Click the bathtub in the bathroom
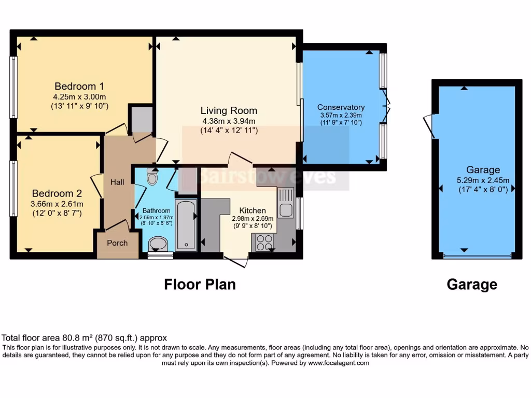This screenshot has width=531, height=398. point(185,225)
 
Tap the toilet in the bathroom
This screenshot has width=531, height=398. point(152,178)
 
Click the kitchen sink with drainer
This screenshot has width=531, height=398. point(286,203)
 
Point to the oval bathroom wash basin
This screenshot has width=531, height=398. point(158,244)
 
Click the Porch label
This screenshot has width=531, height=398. point(117,243)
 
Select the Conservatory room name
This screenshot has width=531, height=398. point(341,107)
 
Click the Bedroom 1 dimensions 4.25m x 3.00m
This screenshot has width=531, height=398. point(79,96)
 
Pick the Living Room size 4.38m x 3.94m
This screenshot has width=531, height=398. point(229,121)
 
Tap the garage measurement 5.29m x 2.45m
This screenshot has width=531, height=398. point(483,180)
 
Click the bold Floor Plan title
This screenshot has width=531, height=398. point(200,284)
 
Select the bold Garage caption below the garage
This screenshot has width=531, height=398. point(472,284)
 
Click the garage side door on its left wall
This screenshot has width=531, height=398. point(429,126)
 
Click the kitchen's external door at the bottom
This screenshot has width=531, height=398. point(236,260)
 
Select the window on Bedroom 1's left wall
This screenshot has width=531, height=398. point(13,87)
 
